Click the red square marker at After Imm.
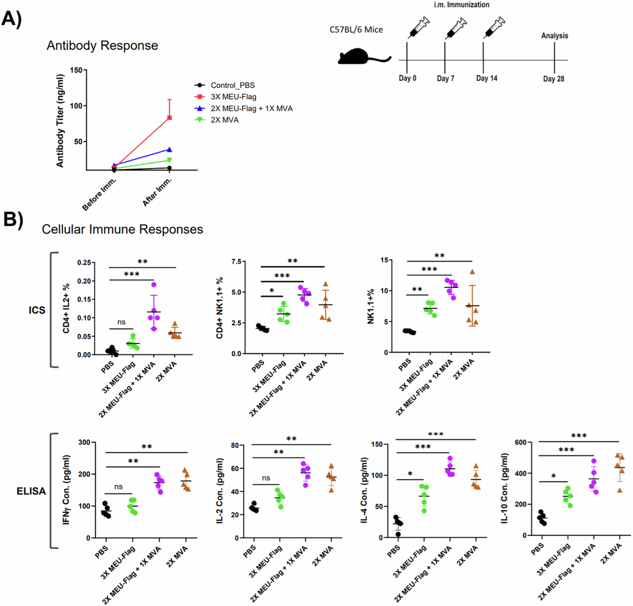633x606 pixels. pos(169,118)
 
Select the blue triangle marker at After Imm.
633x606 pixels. pos(169,149)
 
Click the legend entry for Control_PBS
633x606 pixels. pos(233,85)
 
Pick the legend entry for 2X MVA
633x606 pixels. pos(224,120)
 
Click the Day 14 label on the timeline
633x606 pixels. pos(486,78)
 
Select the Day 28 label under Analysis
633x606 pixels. pos(553,79)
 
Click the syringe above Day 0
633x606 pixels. pos(418,27)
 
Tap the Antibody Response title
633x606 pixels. pos(102,46)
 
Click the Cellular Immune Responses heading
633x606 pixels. pos(122,229)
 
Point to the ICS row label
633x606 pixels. pos(37,310)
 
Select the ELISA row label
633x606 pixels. pos(31,491)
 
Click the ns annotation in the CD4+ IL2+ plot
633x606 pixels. pos(122,322)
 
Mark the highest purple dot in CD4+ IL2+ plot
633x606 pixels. pos(154,284)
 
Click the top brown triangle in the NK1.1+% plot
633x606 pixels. pos(472,272)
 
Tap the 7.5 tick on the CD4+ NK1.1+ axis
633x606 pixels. pos(236,261)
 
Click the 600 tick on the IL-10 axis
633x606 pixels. pos(520,442)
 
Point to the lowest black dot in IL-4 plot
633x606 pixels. pos(398,534)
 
